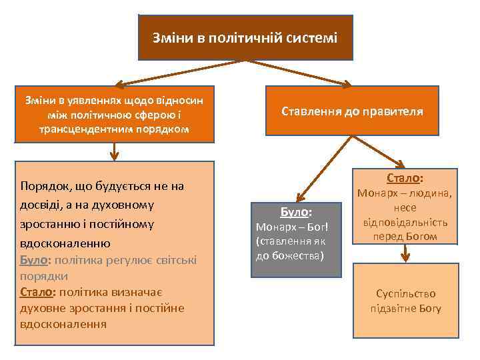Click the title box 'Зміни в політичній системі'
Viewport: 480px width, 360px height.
pyautogui.click(x=245, y=37)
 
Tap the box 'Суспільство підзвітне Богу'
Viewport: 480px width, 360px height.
pyautogui.click(x=405, y=301)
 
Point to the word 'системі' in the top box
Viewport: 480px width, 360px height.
pyautogui.click(x=312, y=37)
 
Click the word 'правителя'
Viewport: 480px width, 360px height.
pyautogui.click(x=393, y=111)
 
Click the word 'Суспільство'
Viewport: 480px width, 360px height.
pyautogui.click(x=405, y=293)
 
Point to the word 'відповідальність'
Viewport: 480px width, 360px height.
pyautogui.click(x=405, y=222)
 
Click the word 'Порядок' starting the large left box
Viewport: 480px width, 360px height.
pyautogui.click(x=45, y=186)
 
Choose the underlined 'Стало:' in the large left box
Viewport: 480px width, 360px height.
pyautogui.click(x=37, y=292)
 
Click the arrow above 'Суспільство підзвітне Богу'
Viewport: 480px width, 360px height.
pyautogui.click(x=405, y=253)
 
